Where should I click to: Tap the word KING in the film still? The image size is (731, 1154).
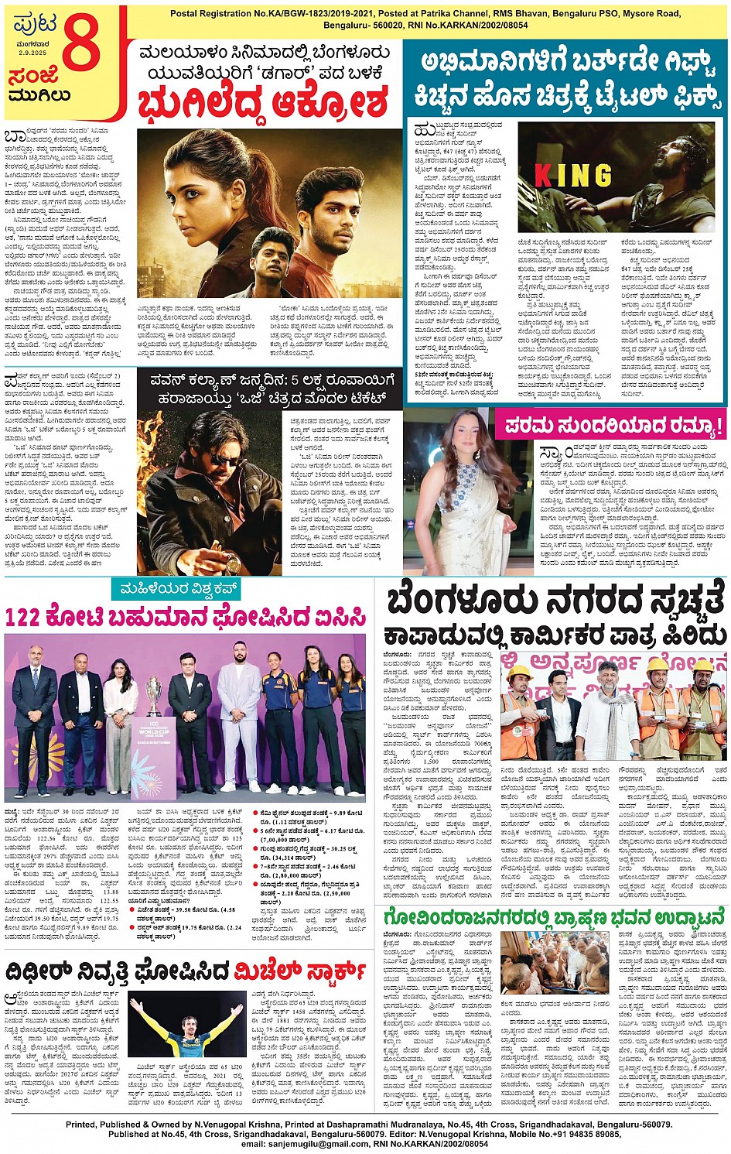[x=573, y=176]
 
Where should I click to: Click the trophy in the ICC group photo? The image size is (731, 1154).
[x=155, y=700]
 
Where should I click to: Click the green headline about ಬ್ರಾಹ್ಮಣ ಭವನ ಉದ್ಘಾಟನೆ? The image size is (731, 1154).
[x=554, y=918]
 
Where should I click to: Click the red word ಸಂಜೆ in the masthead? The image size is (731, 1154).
[x=34, y=77]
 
